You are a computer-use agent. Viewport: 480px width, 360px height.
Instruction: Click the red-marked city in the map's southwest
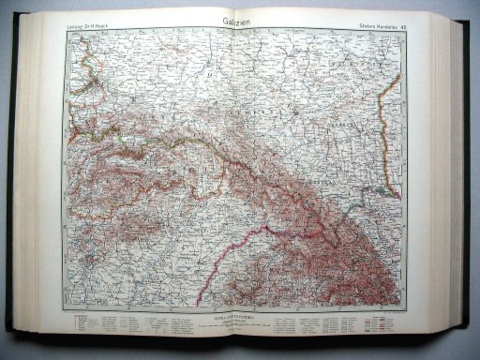coord(83,256)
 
